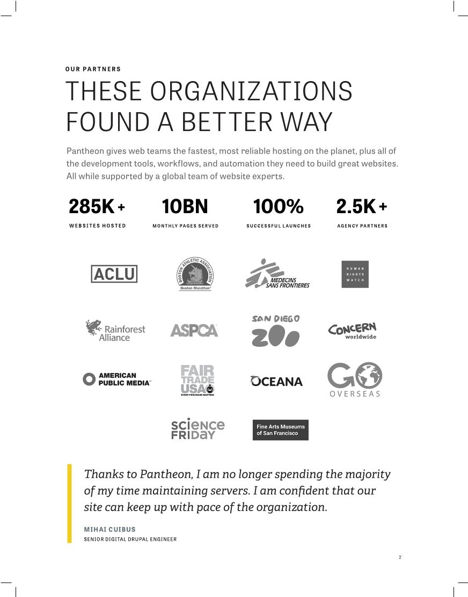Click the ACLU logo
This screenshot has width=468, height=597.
tap(114, 274)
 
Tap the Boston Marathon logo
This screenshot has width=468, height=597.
tap(195, 274)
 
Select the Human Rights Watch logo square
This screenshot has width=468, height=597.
tap(355, 274)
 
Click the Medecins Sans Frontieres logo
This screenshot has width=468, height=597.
tap(277, 274)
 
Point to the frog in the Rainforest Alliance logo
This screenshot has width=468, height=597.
tap(93, 326)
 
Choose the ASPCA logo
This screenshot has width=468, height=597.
tap(194, 330)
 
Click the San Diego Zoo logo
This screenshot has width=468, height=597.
tap(276, 331)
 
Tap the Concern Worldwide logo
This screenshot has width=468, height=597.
tap(353, 330)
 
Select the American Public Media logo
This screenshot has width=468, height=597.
tap(117, 380)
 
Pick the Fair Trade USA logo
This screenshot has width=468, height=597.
tap(198, 380)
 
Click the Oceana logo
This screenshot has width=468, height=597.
tap(276, 381)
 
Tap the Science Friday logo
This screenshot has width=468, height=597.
tap(198, 429)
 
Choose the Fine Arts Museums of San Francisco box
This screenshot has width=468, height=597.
tap(280, 430)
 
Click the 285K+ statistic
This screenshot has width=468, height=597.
tap(97, 206)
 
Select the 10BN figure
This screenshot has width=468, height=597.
tap(185, 206)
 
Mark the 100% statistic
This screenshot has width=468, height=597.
tap(278, 206)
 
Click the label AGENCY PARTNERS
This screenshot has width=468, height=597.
tap(362, 226)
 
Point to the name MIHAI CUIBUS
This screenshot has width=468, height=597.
tap(110, 529)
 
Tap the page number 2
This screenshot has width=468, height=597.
tap(400, 557)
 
